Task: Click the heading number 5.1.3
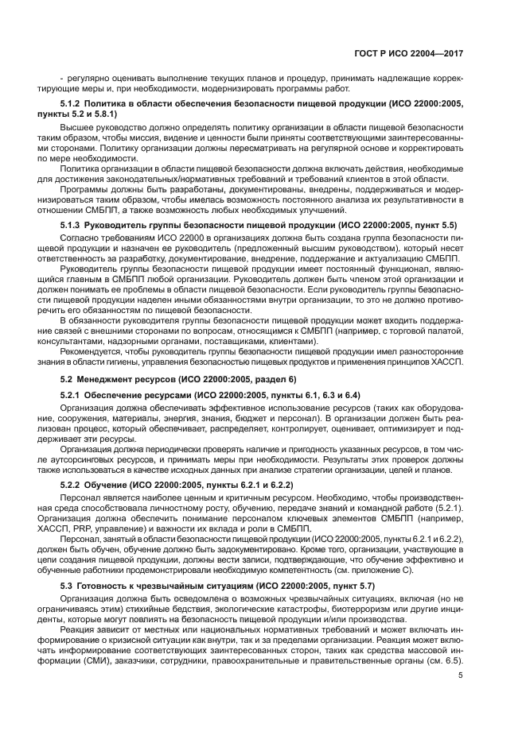pos(75,226)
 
